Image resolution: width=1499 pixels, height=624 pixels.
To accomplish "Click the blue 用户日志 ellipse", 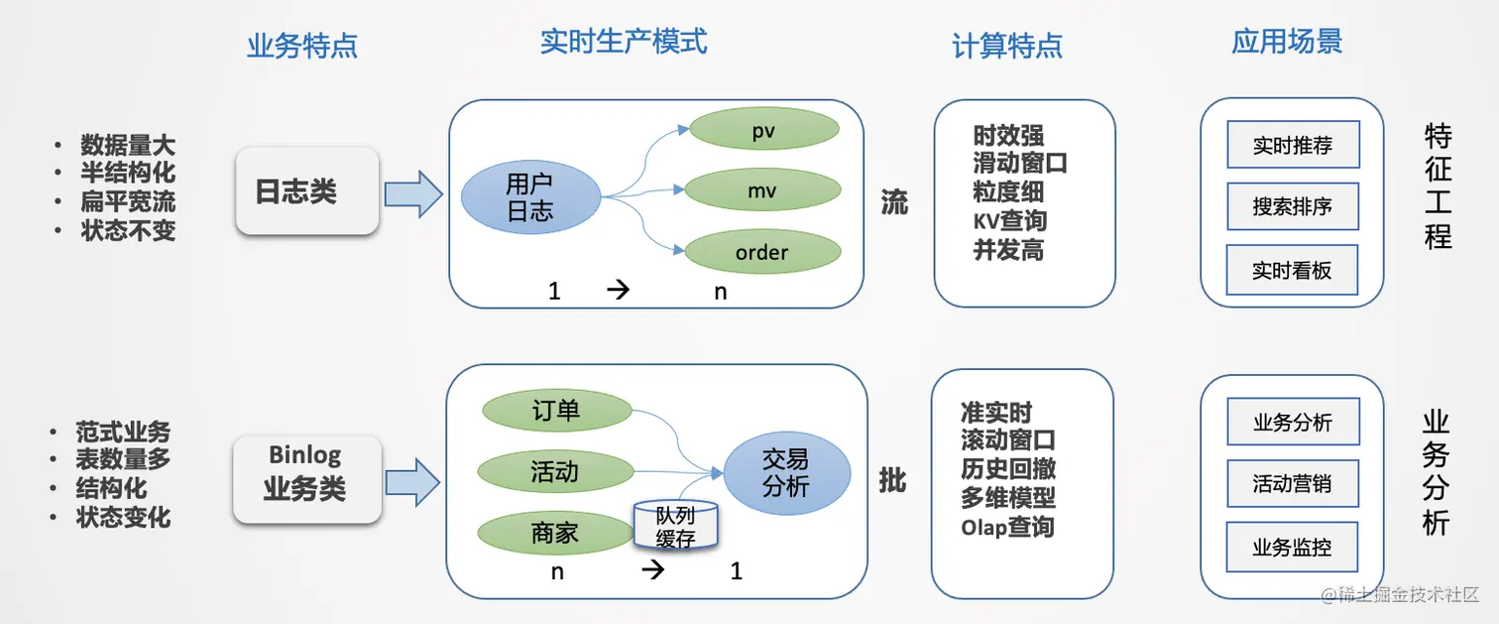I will [530, 197].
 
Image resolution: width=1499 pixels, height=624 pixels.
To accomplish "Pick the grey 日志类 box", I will [307, 190].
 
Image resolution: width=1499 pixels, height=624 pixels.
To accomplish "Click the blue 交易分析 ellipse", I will [786, 473].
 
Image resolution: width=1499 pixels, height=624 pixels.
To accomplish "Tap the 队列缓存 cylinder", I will [675, 526].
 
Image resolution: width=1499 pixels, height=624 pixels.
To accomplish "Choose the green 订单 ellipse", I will [556, 410].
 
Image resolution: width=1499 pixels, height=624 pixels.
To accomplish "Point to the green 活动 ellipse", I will [554, 471].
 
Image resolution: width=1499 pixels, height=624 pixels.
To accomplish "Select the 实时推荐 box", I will [1292, 145].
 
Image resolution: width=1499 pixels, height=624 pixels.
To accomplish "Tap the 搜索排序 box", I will [1292, 206].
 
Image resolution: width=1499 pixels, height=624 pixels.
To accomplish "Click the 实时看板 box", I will [1292, 270].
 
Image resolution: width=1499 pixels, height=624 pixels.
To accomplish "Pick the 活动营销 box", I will [1292, 484].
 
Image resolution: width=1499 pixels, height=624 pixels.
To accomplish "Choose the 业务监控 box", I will [1292, 547].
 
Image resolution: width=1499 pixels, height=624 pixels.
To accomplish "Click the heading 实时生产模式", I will [624, 42].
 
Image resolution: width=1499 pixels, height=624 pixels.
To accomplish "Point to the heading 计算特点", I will [1007, 45].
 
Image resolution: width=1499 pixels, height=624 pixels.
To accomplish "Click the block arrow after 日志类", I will [412, 193].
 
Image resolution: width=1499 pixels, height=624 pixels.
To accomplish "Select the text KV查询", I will [1009, 220].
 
